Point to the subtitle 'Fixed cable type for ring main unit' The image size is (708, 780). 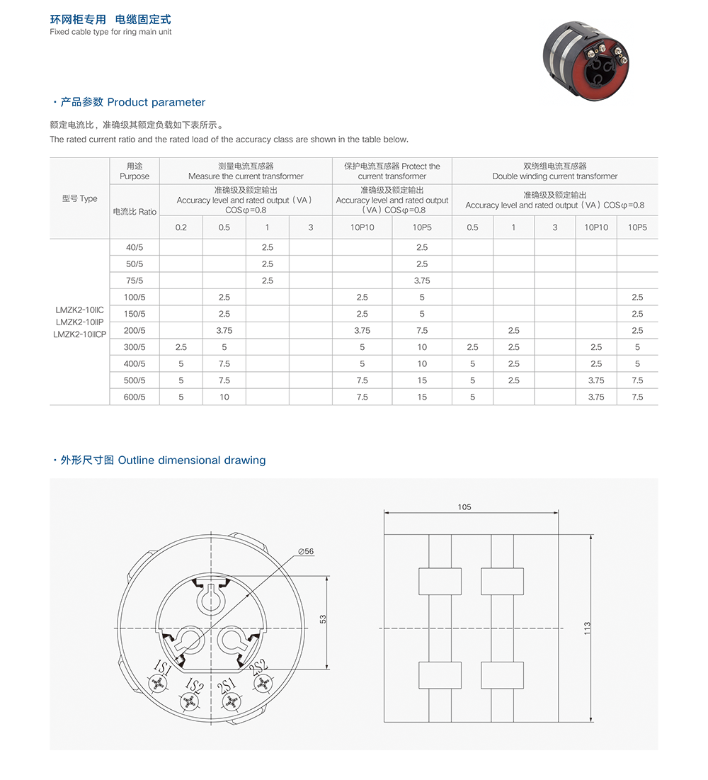110,32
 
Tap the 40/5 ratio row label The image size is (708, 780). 135,247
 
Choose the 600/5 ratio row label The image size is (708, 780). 135,397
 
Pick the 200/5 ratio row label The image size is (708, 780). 135,330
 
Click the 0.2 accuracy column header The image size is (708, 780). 181,227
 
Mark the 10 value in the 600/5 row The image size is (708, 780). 224,397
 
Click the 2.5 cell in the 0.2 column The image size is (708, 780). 181,347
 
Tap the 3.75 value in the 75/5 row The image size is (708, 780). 422,281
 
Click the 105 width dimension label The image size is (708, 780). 464,507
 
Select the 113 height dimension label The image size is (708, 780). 587,628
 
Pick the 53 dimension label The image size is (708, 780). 323,618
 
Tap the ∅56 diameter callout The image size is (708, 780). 306,551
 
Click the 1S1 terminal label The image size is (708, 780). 161,669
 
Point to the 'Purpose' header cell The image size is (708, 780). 135,176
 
